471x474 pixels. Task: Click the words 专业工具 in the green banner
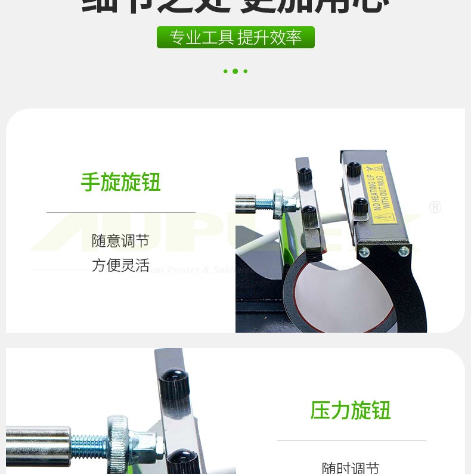click(201, 38)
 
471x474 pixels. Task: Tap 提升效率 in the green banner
click(269, 38)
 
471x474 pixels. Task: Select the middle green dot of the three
click(235, 72)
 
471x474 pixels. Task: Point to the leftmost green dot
click(225, 72)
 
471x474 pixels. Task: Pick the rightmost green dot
click(246, 72)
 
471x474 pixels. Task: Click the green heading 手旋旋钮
click(121, 182)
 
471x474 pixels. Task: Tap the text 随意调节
click(120, 241)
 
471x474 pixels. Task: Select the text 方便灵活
click(120, 265)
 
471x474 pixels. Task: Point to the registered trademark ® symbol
click(435, 207)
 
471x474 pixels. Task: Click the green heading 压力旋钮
click(351, 411)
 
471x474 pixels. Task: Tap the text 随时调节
click(351, 467)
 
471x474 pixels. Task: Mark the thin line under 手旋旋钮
click(121, 212)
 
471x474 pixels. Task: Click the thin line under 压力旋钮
click(351, 441)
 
